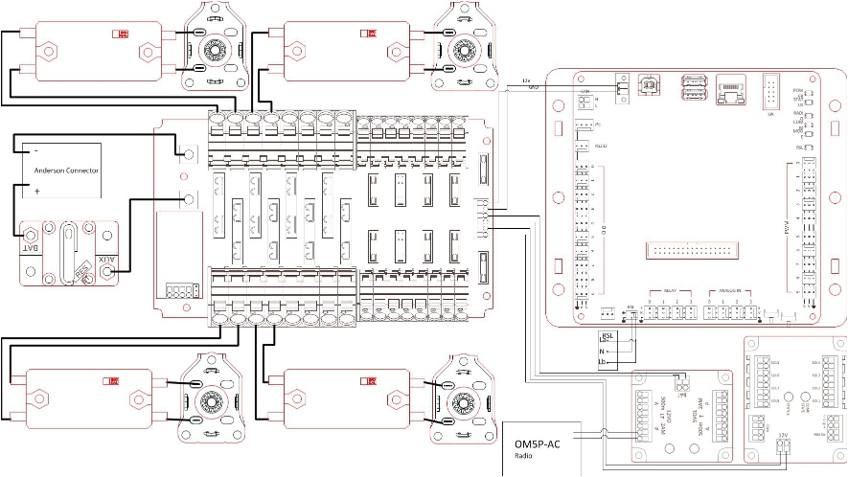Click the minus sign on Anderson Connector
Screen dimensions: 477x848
(35, 151)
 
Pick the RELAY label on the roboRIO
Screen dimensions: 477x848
(670, 291)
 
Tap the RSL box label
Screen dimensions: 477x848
(606, 336)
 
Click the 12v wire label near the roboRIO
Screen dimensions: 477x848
(524, 80)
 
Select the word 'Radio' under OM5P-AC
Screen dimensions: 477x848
(522, 457)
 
